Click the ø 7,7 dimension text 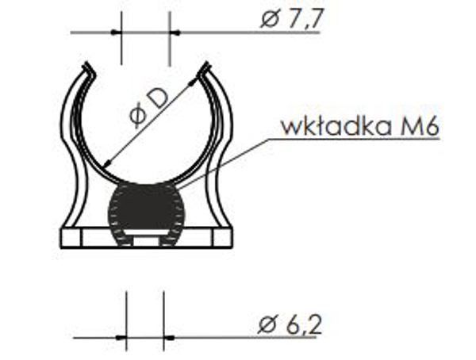point(292,19)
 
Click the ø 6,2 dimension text point(290,325)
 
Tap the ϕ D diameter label point(148,109)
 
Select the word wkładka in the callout point(336,126)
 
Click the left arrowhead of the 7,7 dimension point(116,33)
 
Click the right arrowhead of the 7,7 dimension point(175,33)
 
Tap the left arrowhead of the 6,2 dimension point(121,337)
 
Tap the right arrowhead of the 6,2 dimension point(169,337)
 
